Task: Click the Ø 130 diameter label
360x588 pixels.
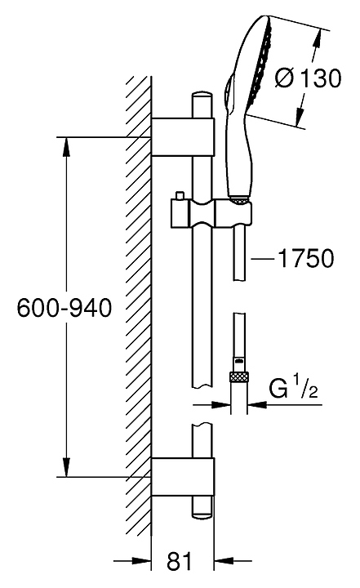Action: pyautogui.click(x=308, y=78)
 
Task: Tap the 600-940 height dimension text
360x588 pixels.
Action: pyautogui.click(x=64, y=308)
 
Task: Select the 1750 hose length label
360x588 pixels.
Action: pyautogui.click(x=305, y=258)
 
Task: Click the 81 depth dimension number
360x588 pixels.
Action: pyautogui.click(x=179, y=561)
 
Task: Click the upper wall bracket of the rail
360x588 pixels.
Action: pyautogui.click(x=183, y=137)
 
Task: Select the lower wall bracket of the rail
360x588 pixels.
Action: pyautogui.click(x=183, y=477)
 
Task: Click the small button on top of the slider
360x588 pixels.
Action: pyautogui.click(x=180, y=196)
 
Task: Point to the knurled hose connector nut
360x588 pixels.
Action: pyautogui.click(x=239, y=376)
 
